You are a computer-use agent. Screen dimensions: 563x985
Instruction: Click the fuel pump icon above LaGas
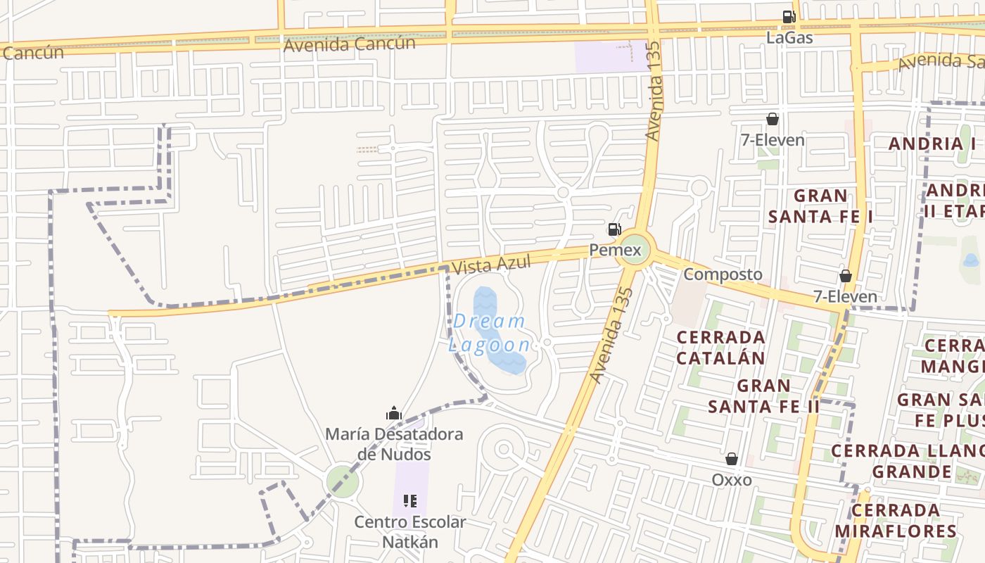click(789, 17)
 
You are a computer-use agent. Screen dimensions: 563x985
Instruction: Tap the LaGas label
click(789, 38)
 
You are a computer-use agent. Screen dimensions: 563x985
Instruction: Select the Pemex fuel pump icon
click(614, 229)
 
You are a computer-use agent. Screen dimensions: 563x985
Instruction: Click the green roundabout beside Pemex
click(633, 251)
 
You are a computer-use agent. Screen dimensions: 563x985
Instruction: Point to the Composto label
click(723, 274)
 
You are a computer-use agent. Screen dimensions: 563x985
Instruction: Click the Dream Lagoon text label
click(490, 333)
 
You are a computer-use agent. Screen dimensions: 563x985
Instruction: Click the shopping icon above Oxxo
click(732, 459)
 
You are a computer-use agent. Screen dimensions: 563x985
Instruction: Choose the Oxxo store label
click(732, 480)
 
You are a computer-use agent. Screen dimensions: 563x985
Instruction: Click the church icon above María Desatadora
click(394, 413)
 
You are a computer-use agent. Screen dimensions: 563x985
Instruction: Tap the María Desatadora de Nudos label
click(394, 444)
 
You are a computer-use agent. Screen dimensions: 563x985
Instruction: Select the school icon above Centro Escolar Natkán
click(409, 501)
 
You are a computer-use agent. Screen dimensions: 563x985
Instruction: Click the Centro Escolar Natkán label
click(409, 532)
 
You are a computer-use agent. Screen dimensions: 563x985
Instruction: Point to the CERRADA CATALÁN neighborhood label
click(720, 348)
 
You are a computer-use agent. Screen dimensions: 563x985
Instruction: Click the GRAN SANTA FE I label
click(820, 205)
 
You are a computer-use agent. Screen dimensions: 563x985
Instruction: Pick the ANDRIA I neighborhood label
click(932, 144)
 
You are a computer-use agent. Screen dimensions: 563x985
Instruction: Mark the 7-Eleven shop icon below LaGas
click(773, 119)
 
